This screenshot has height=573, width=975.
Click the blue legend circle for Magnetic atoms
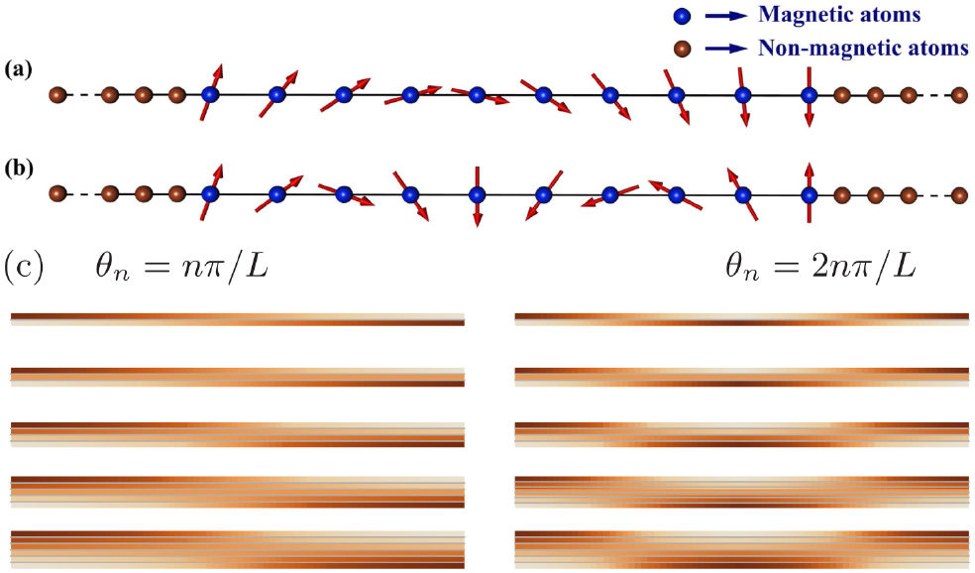(680, 17)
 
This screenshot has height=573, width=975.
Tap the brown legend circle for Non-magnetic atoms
(680, 48)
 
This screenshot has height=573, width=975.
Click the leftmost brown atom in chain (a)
(57, 96)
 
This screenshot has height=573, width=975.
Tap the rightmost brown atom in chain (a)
(958, 96)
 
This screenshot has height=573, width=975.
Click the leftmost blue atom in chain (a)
(210, 96)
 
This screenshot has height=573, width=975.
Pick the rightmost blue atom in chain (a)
(810, 96)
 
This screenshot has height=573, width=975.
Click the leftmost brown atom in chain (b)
(57, 194)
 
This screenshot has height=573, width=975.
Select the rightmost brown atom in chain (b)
(958, 194)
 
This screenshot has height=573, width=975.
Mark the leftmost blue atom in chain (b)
(210, 194)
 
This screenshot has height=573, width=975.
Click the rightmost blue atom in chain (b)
(810, 194)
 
